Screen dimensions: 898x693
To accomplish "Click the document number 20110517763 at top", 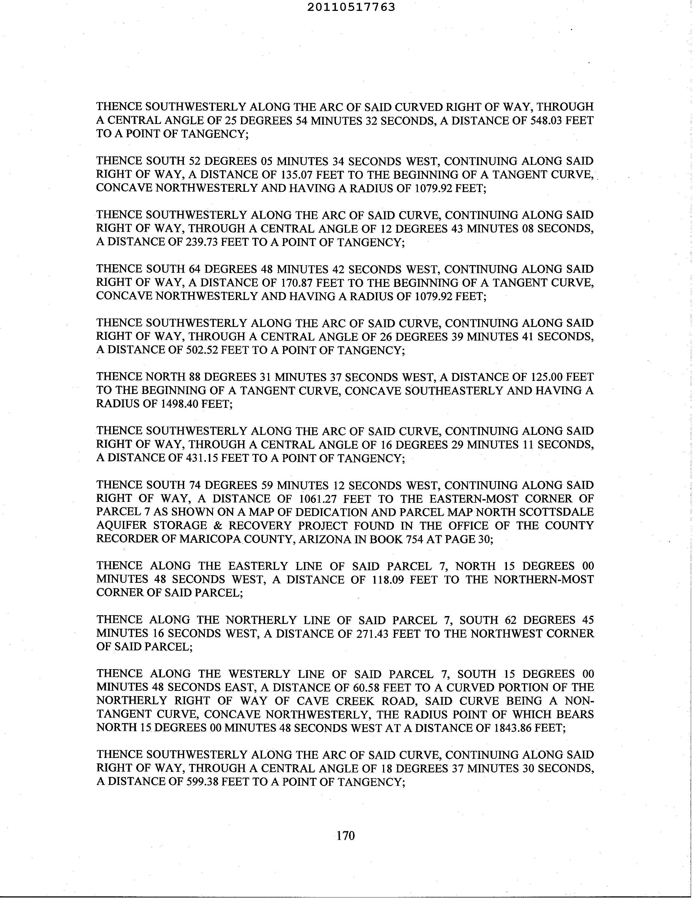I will [351, 7].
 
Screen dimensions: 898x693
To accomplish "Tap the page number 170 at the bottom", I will [345, 836].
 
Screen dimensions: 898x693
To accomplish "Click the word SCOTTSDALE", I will [560, 512].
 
